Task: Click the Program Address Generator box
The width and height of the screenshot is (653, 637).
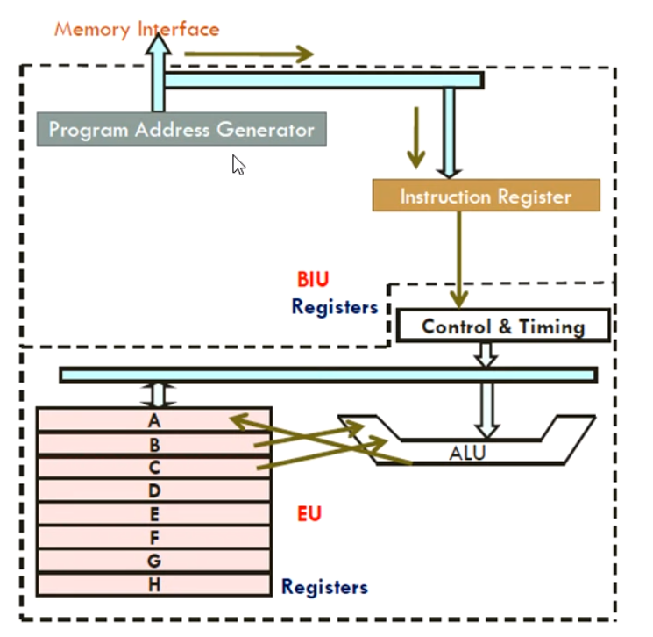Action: click(x=181, y=130)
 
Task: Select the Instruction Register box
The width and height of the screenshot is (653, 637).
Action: click(x=486, y=196)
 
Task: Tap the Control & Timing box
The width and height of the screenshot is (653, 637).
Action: click(x=503, y=326)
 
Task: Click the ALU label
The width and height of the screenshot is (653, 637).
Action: click(x=467, y=454)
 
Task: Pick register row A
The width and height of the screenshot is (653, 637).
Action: click(x=154, y=419)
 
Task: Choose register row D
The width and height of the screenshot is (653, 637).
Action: click(x=154, y=490)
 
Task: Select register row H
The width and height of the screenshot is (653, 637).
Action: click(x=154, y=584)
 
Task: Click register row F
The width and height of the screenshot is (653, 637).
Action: click(x=154, y=537)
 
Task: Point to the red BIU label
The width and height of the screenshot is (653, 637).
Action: click(x=314, y=281)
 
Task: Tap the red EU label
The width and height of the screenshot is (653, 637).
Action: click(x=309, y=514)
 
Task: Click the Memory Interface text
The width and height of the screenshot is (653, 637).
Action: click(x=137, y=28)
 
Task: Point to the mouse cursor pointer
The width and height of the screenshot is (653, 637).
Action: click(x=238, y=164)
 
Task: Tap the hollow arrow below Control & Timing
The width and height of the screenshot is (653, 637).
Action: click(x=485, y=354)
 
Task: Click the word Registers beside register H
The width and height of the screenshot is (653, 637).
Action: click(x=324, y=587)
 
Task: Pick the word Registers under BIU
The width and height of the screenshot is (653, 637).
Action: click(x=335, y=307)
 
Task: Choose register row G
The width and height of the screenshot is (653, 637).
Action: click(x=154, y=561)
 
